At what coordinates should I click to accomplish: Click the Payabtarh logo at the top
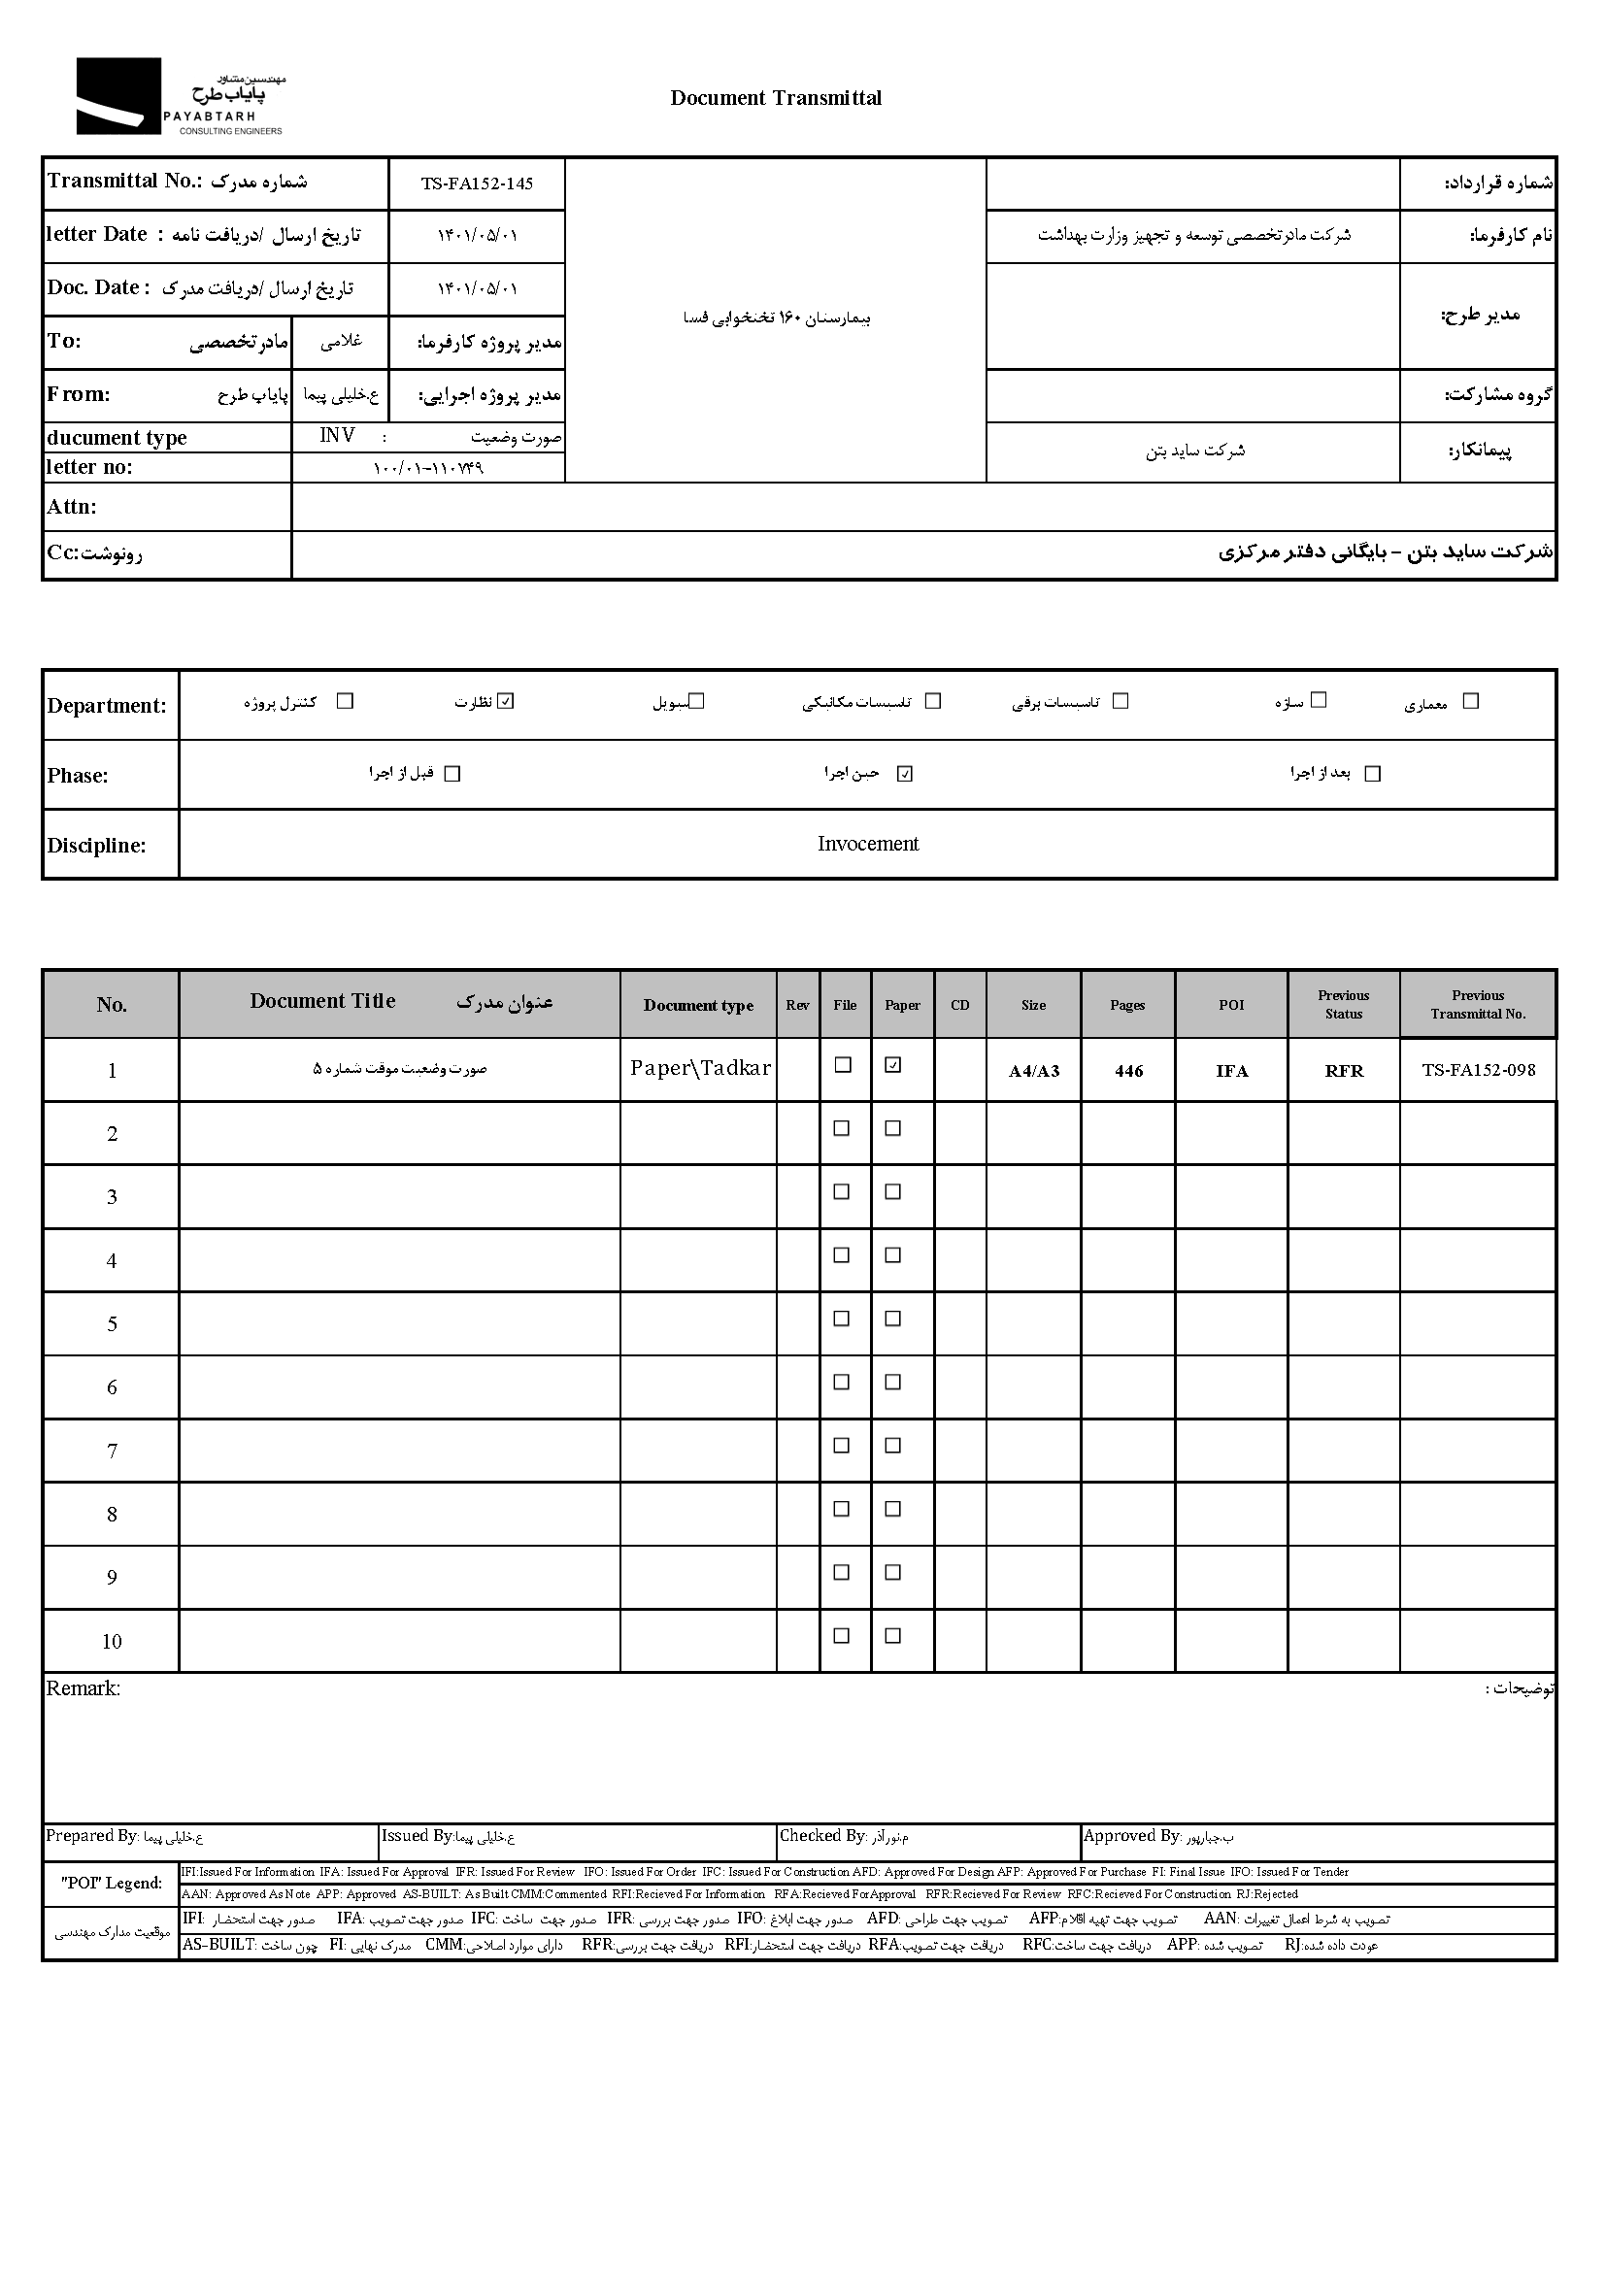click(x=178, y=97)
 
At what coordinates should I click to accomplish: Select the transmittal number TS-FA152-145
click(x=477, y=184)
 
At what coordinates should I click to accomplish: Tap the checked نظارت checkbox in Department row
click(x=506, y=701)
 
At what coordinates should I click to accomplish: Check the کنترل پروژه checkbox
click(x=345, y=701)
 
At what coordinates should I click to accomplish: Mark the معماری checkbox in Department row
click(x=1470, y=701)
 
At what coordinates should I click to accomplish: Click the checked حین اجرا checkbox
click(x=904, y=774)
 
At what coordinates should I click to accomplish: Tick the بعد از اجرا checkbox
click(x=1372, y=774)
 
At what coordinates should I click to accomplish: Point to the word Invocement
click(x=867, y=844)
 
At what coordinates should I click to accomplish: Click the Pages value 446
click(x=1128, y=1071)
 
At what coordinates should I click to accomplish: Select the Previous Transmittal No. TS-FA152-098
click(x=1479, y=1070)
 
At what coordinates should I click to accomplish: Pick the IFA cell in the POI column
click(x=1231, y=1071)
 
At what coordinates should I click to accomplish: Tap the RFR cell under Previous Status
click(x=1344, y=1071)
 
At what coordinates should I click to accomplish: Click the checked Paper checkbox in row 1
click(x=893, y=1065)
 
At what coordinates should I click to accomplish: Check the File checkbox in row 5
click(x=842, y=1319)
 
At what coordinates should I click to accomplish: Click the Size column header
click(x=1033, y=1005)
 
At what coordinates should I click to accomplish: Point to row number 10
click(x=112, y=1642)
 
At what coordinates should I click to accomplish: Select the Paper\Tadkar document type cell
click(x=700, y=1068)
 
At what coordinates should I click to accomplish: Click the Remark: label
click(x=84, y=1688)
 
